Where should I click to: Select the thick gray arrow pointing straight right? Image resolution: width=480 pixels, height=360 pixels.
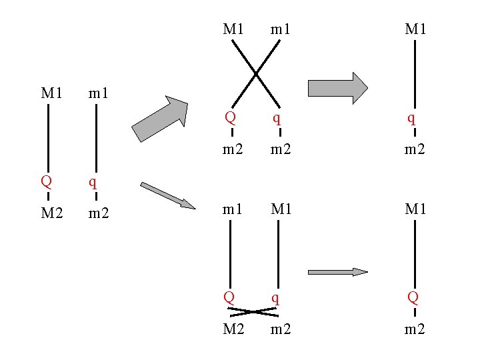pyautogui.click(x=337, y=88)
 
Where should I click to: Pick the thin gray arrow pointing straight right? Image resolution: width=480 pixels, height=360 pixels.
pyautogui.click(x=337, y=271)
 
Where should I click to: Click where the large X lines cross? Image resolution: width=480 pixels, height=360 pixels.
pyautogui.click(x=255, y=73)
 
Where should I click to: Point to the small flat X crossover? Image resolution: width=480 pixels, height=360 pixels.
pyautogui.click(x=253, y=311)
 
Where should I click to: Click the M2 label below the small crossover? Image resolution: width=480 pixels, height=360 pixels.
pyautogui.click(x=233, y=329)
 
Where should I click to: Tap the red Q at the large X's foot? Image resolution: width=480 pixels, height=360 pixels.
pyautogui.click(x=230, y=118)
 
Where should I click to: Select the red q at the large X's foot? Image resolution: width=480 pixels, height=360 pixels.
pyautogui.click(x=277, y=119)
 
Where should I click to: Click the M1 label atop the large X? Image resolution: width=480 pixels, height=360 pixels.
pyautogui.click(x=233, y=29)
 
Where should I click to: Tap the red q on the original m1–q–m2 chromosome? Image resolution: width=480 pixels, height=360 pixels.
pyautogui.click(x=94, y=181)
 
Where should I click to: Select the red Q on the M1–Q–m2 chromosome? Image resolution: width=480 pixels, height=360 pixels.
pyautogui.click(x=414, y=296)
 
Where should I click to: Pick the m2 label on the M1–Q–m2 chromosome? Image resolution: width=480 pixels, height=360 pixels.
pyautogui.click(x=415, y=329)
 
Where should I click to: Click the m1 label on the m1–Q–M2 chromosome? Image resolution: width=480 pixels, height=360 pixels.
pyautogui.click(x=233, y=209)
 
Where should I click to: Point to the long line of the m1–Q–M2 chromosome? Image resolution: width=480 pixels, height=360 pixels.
pyautogui.click(x=230, y=254)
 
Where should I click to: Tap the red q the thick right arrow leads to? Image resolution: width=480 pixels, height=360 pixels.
pyautogui.click(x=412, y=119)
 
